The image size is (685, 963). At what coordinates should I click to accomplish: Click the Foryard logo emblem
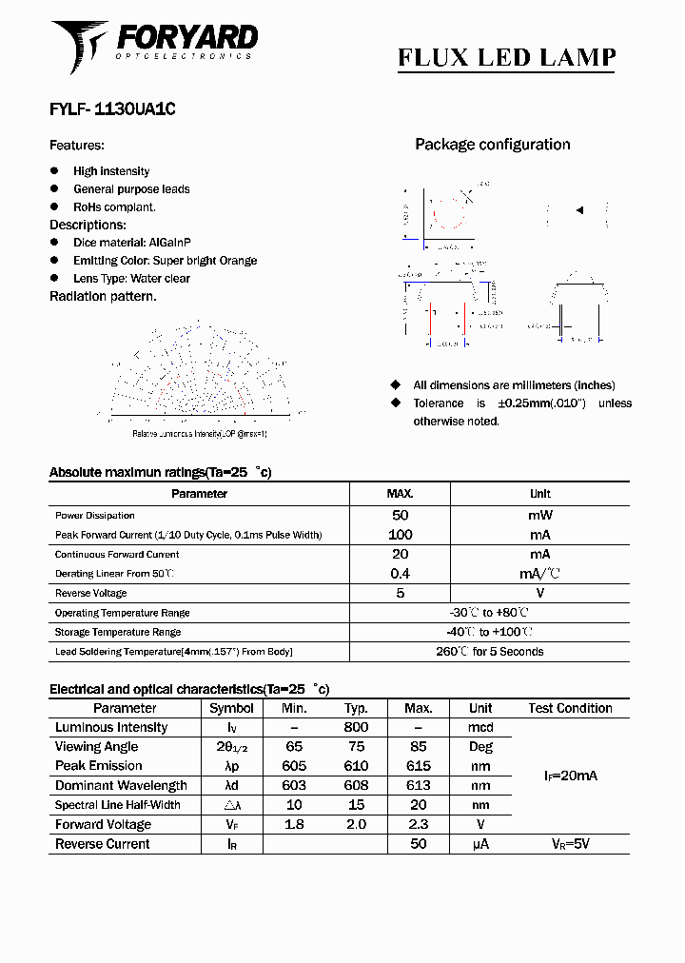click(80, 45)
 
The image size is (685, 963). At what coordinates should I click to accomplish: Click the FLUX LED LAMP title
click(506, 57)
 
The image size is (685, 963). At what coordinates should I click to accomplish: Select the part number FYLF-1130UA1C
click(112, 109)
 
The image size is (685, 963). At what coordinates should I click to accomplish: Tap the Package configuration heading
click(492, 145)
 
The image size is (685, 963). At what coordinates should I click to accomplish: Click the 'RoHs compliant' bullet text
click(114, 206)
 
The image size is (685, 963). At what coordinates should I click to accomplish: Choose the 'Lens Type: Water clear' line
click(131, 279)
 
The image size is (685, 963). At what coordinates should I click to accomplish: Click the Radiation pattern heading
click(103, 296)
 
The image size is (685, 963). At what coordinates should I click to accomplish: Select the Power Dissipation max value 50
click(400, 515)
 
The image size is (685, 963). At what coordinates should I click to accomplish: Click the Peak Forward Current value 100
click(400, 535)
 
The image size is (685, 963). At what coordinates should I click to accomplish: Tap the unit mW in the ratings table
click(539, 515)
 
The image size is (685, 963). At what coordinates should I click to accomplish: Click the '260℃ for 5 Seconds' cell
click(489, 652)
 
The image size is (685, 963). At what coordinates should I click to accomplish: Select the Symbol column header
click(231, 708)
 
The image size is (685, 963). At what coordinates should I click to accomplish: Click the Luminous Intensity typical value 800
click(356, 728)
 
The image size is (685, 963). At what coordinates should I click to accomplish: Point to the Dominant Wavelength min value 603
click(294, 786)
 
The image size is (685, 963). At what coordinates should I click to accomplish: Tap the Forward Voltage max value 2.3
click(418, 825)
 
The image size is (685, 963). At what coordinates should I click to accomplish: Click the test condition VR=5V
click(570, 844)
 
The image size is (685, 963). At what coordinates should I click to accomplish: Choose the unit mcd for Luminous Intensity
click(480, 728)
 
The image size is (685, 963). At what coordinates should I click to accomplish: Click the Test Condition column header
click(570, 708)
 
